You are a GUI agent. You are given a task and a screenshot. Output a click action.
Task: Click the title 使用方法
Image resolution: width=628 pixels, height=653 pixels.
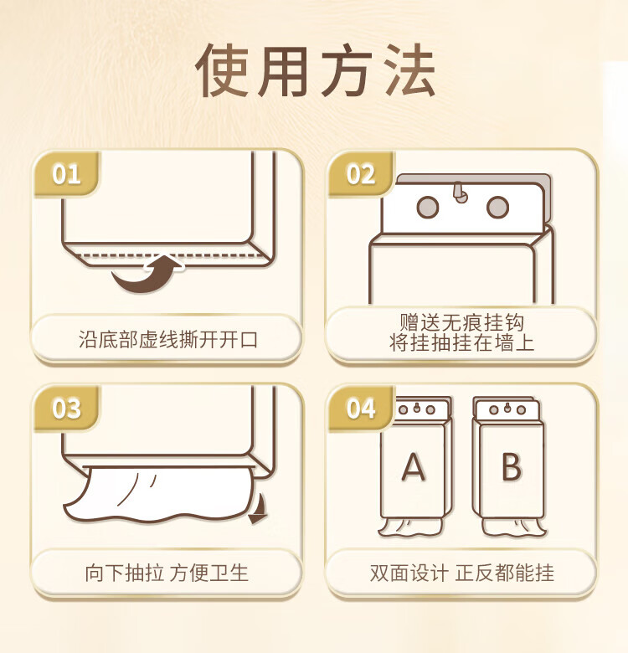(315, 71)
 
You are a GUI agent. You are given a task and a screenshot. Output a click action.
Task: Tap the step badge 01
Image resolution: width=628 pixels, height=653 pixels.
(67, 174)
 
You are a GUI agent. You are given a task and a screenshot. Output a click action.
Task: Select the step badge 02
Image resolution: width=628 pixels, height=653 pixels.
(361, 174)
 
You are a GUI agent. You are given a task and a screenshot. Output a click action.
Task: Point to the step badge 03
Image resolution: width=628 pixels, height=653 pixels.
(67, 409)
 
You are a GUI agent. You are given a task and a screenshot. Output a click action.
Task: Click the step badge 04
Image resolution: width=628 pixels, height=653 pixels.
(361, 409)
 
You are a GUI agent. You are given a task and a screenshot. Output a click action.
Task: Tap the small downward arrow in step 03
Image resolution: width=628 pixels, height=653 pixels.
(258, 509)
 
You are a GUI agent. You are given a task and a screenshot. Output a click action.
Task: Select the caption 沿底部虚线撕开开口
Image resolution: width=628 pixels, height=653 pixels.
(167, 340)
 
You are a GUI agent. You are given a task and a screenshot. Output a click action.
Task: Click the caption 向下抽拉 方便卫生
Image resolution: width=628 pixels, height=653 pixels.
(167, 573)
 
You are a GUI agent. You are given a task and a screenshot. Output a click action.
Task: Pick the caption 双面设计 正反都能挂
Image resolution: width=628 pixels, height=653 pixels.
(462, 573)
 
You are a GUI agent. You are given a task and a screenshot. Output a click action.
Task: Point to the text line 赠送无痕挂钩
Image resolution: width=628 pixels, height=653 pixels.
(462, 322)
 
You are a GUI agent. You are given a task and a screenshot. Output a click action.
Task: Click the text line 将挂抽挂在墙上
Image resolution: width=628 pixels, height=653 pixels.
(462, 342)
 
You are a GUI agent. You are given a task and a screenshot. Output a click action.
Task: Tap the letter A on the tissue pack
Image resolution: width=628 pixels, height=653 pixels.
(413, 467)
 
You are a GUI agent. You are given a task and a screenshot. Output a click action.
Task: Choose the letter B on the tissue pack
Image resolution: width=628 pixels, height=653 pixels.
(512, 467)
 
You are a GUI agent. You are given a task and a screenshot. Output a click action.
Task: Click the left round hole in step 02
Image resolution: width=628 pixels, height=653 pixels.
(428, 207)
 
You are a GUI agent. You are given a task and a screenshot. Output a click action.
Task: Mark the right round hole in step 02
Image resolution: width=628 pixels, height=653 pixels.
(497, 207)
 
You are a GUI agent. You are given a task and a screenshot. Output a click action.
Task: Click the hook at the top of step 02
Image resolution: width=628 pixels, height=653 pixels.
(460, 193)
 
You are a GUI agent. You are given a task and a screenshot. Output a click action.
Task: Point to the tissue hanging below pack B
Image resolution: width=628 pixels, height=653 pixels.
(514, 527)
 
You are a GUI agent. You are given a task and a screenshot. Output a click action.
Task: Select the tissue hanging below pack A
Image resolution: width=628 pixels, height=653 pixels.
(409, 527)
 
